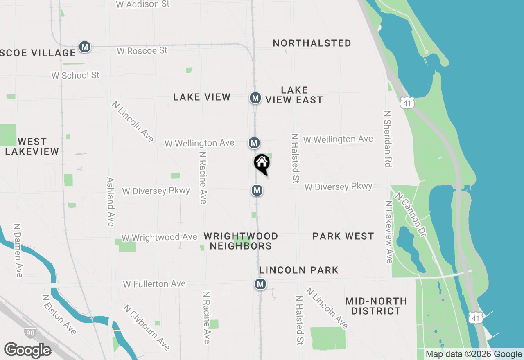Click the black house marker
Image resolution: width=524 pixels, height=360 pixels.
point(262,164)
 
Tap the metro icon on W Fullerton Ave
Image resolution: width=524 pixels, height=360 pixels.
point(260,283)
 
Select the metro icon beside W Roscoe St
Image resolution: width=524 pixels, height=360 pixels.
point(85,47)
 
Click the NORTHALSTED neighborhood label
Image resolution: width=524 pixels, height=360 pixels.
point(312,43)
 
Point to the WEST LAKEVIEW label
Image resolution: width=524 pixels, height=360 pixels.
point(32,146)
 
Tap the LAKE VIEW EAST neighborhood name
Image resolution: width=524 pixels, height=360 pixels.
point(294,95)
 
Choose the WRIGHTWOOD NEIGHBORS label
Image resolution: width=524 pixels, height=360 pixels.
point(241,241)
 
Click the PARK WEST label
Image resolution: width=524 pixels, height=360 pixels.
point(343,236)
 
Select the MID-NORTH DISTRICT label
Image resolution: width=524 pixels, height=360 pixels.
point(376,306)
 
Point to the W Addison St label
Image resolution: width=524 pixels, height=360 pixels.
point(142,4)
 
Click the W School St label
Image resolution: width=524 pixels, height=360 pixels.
point(75,75)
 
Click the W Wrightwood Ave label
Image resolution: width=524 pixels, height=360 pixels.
point(159,238)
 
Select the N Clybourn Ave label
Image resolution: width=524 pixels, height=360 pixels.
point(146,327)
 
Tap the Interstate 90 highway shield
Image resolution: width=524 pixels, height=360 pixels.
point(29,333)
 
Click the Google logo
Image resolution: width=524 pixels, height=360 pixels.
point(27,351)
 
